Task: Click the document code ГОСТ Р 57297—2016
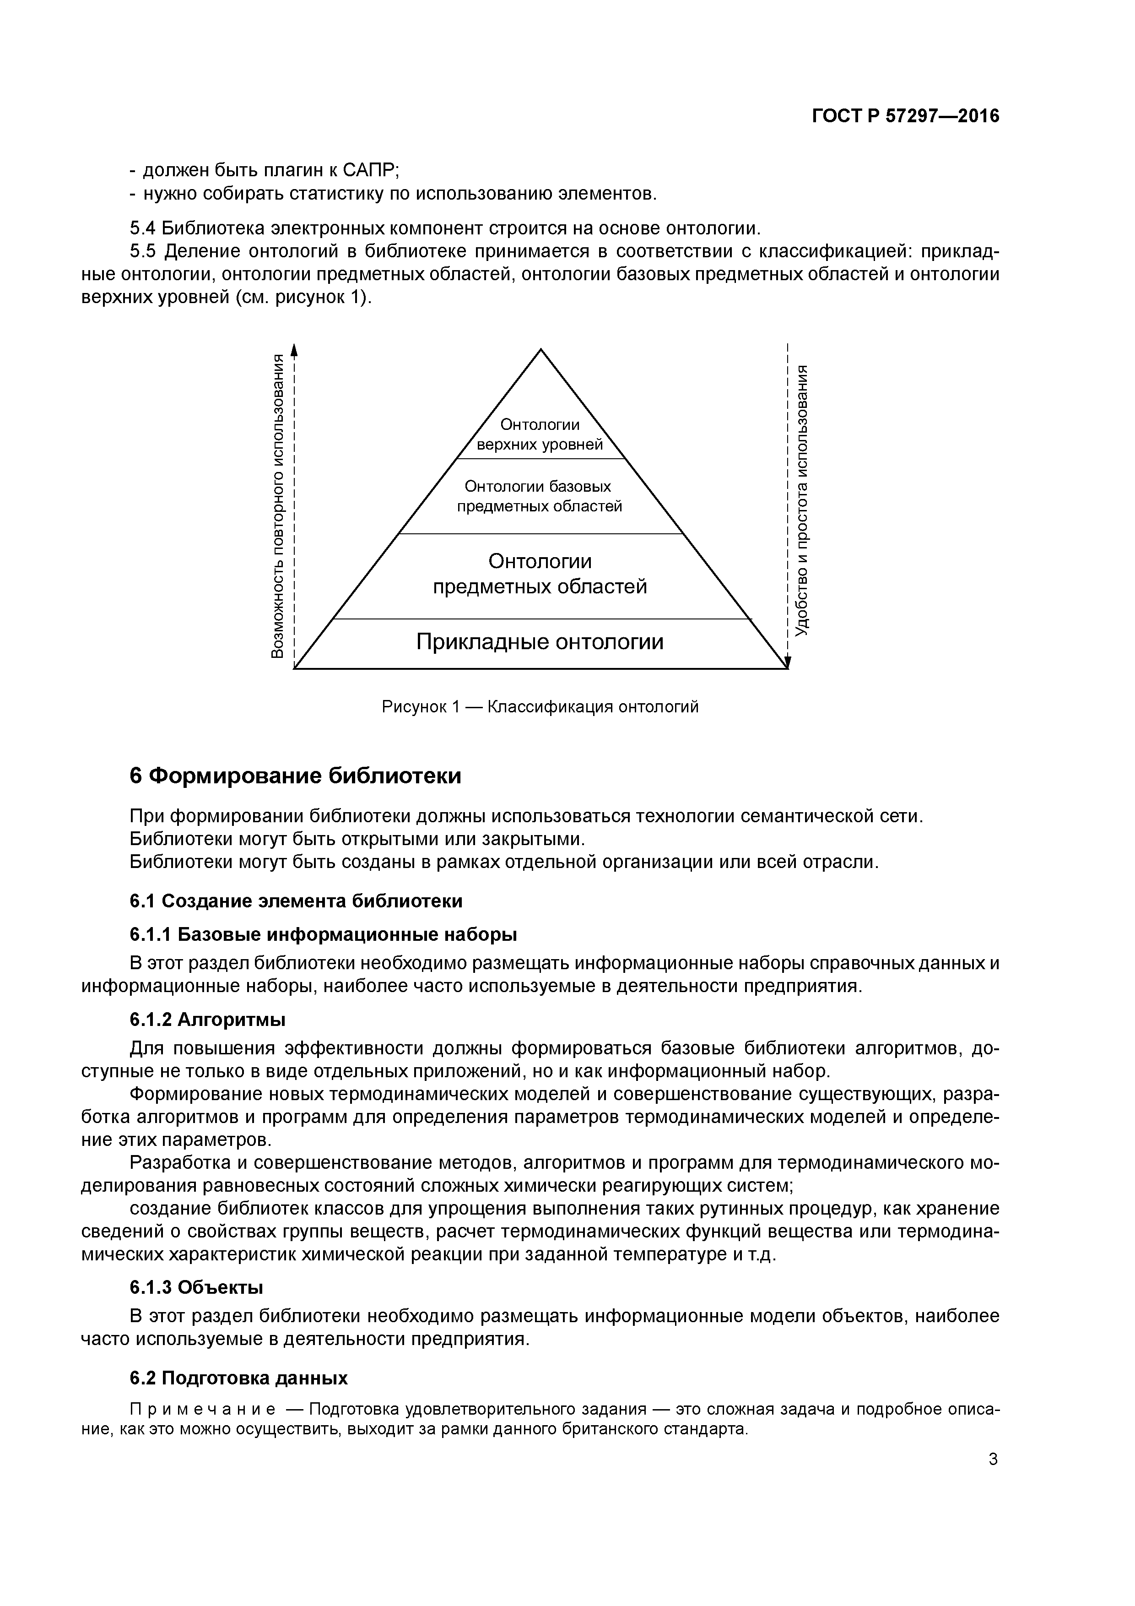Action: [x=906, y=116]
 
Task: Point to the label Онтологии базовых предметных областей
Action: [x=539, y=496]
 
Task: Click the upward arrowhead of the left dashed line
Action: [x=294, y=349]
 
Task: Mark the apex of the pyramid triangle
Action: [x=540, y=350]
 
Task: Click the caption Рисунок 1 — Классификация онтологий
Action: [x=540, y=706]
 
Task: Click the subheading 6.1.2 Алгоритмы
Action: [x=208, y=1020]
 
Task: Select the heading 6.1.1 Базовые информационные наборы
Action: [x=323, y=934]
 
